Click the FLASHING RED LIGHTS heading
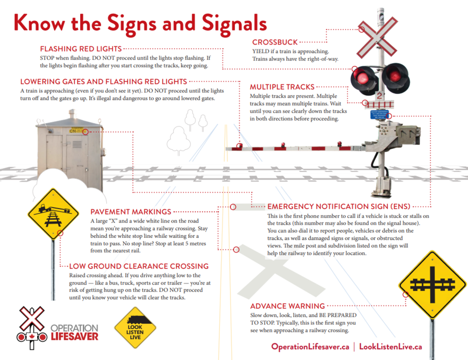pos(81,49)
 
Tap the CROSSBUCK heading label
pos(275,42)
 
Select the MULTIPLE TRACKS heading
pos(282,87)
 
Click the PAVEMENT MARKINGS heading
pos(131,212)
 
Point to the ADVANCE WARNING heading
pos(287,306)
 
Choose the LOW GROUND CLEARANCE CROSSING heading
pos(139,266)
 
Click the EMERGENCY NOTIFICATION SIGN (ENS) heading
pos(339,207)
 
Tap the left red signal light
pos(363,78)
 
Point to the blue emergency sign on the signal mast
pos(379,115)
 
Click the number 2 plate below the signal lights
pos(379,96)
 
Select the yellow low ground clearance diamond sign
pos(53,214)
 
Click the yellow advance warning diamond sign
pos(432,285)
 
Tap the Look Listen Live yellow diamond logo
pos(135,328)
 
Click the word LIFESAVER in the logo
pos(74,337)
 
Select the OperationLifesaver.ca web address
pos(310,347)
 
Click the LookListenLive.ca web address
pos(390,347)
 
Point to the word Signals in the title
pos(234,24)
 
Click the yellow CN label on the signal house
pos(73,131)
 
